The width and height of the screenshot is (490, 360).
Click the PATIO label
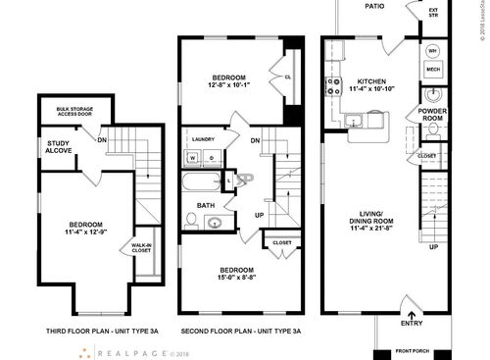374,6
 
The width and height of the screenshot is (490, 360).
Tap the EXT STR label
433,13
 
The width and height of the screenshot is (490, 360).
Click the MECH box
433,70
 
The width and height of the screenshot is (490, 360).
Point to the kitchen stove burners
333,83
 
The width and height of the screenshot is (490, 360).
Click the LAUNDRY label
203,139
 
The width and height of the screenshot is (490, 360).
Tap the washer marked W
192,157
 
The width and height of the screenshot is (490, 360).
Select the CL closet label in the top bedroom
288,77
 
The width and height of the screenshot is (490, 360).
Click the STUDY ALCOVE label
58,148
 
